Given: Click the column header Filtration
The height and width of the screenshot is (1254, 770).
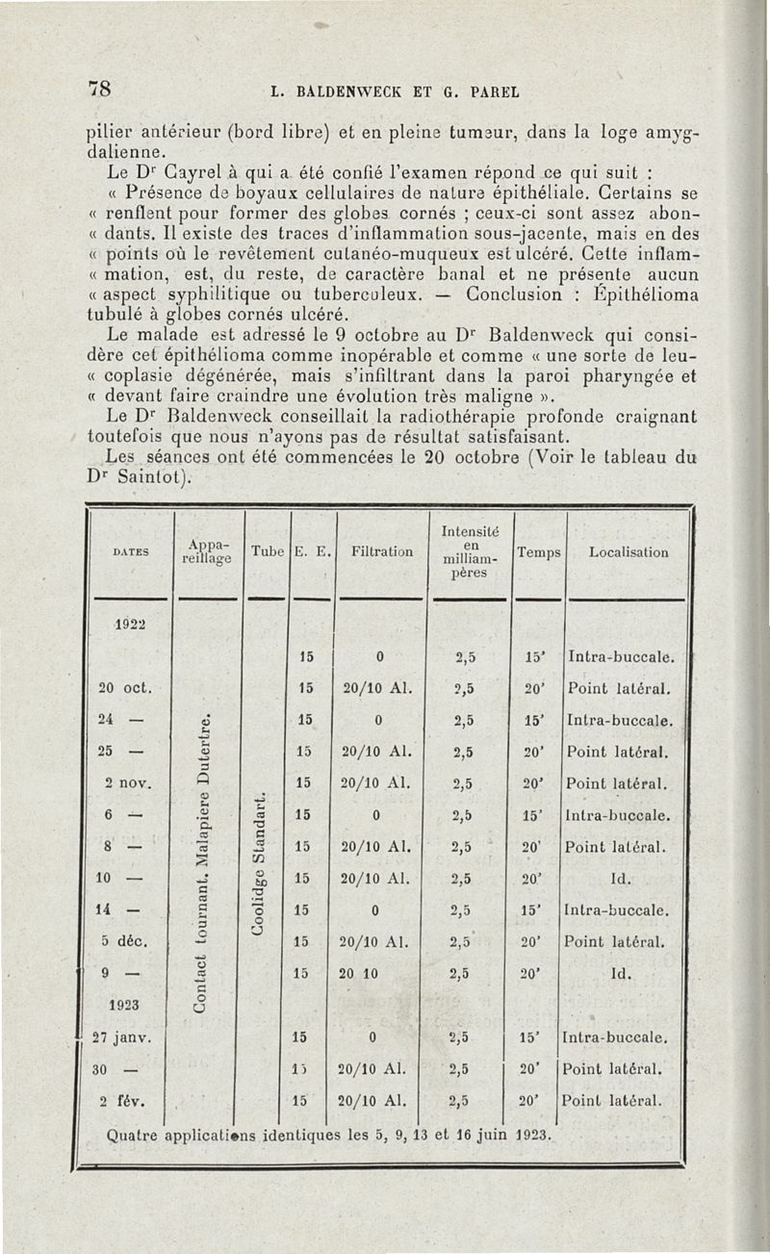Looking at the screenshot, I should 380,552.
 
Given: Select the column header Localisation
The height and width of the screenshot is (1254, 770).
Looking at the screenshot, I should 629,552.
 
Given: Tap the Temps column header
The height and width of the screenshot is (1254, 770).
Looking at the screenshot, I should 539,552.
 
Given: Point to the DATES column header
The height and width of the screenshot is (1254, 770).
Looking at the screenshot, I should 128,552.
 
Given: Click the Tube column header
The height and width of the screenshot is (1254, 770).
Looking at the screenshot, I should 266,551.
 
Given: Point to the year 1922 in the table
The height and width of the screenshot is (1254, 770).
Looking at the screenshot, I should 129,622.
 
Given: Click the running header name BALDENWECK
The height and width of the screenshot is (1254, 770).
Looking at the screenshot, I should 346,93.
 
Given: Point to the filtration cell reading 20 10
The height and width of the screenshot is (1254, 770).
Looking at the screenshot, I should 378,973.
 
